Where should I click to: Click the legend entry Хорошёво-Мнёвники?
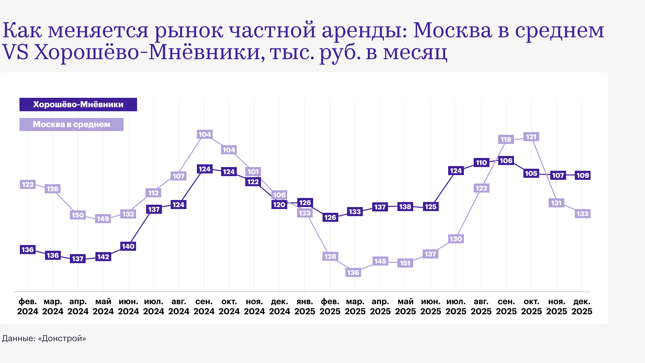(x=78, y=105)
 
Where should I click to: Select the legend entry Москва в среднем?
(x=72, y=124)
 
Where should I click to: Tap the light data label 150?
(x=78, y=215)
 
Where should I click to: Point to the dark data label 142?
(x=103, y=257)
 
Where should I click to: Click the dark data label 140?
(x=128, y=246)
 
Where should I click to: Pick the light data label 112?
(x=154, y=193)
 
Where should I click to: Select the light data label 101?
(x=253, y=172)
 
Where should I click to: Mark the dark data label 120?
(x=279, y=205)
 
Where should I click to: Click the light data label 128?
(x=330, y=256)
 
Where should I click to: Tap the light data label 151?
(x=405, y=263)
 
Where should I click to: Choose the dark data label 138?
(x=405, y=207)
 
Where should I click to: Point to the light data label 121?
(x=531, y=137)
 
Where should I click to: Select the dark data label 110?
(x=481, y=163)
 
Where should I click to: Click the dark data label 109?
(x=583, y=175)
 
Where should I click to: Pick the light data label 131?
(x=557, y=203)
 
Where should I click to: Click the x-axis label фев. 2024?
(x=28, y=306)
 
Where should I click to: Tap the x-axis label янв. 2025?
(x=305, y=306)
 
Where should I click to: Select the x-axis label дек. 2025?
(x=582, y=306)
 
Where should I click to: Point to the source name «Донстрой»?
(x=62, y=338)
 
